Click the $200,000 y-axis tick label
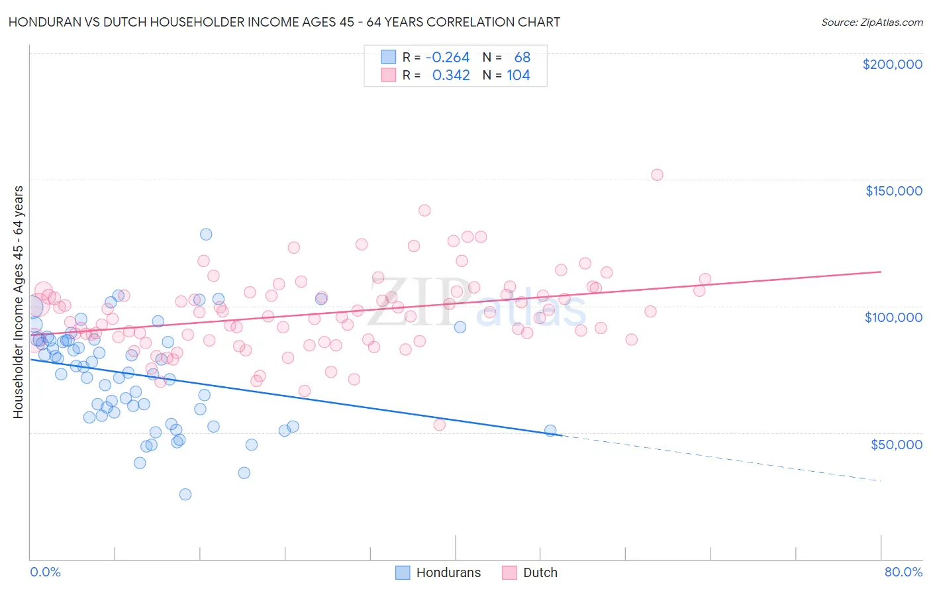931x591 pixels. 892,64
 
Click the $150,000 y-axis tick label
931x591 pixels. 893,191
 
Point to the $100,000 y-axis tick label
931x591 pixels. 893,317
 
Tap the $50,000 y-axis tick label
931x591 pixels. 896,444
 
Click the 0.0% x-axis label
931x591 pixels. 45,572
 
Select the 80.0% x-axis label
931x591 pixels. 903,572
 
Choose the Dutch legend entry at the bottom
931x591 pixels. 540,572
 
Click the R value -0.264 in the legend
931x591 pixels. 448,58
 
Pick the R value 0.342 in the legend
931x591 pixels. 451,76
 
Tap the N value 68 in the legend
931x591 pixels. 522,58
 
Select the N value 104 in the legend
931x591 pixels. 518,76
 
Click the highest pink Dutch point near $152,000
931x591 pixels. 657,175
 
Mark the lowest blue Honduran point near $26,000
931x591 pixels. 185,494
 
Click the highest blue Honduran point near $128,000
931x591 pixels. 206,235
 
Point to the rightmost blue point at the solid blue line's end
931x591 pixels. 550,431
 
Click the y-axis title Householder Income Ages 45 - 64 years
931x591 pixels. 18,302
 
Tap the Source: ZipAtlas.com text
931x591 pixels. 871,22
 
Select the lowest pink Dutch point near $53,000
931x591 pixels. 439,425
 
